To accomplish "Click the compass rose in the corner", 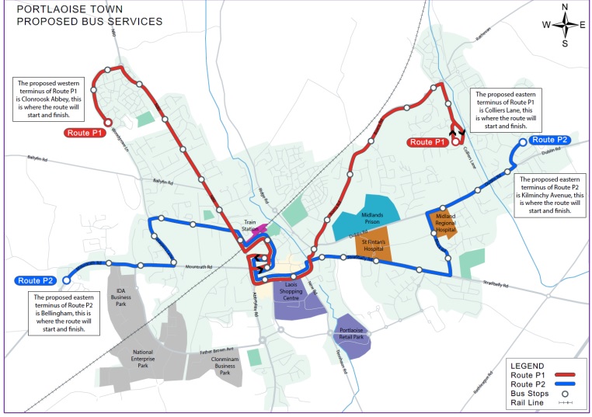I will (565, 25).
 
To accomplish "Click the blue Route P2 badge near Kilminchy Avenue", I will (550, 140).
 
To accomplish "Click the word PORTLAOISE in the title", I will (53, 9).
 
